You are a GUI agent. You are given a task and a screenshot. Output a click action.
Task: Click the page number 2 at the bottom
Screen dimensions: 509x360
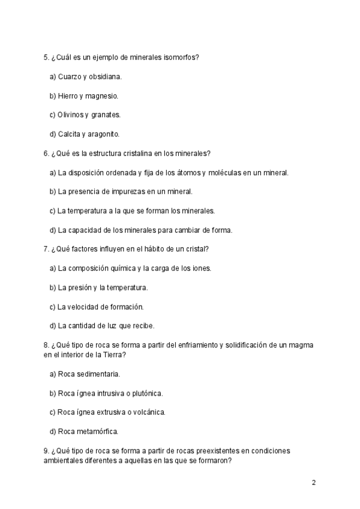coord(313,482)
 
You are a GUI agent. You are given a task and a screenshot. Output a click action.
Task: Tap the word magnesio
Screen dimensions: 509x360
coord(103,95)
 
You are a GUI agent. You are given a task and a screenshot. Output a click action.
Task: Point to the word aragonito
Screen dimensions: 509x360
coord(104,134)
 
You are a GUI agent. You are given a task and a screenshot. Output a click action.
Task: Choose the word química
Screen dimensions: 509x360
coord(121,268)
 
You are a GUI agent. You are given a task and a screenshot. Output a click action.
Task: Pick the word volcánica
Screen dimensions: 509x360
coord(146,412)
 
